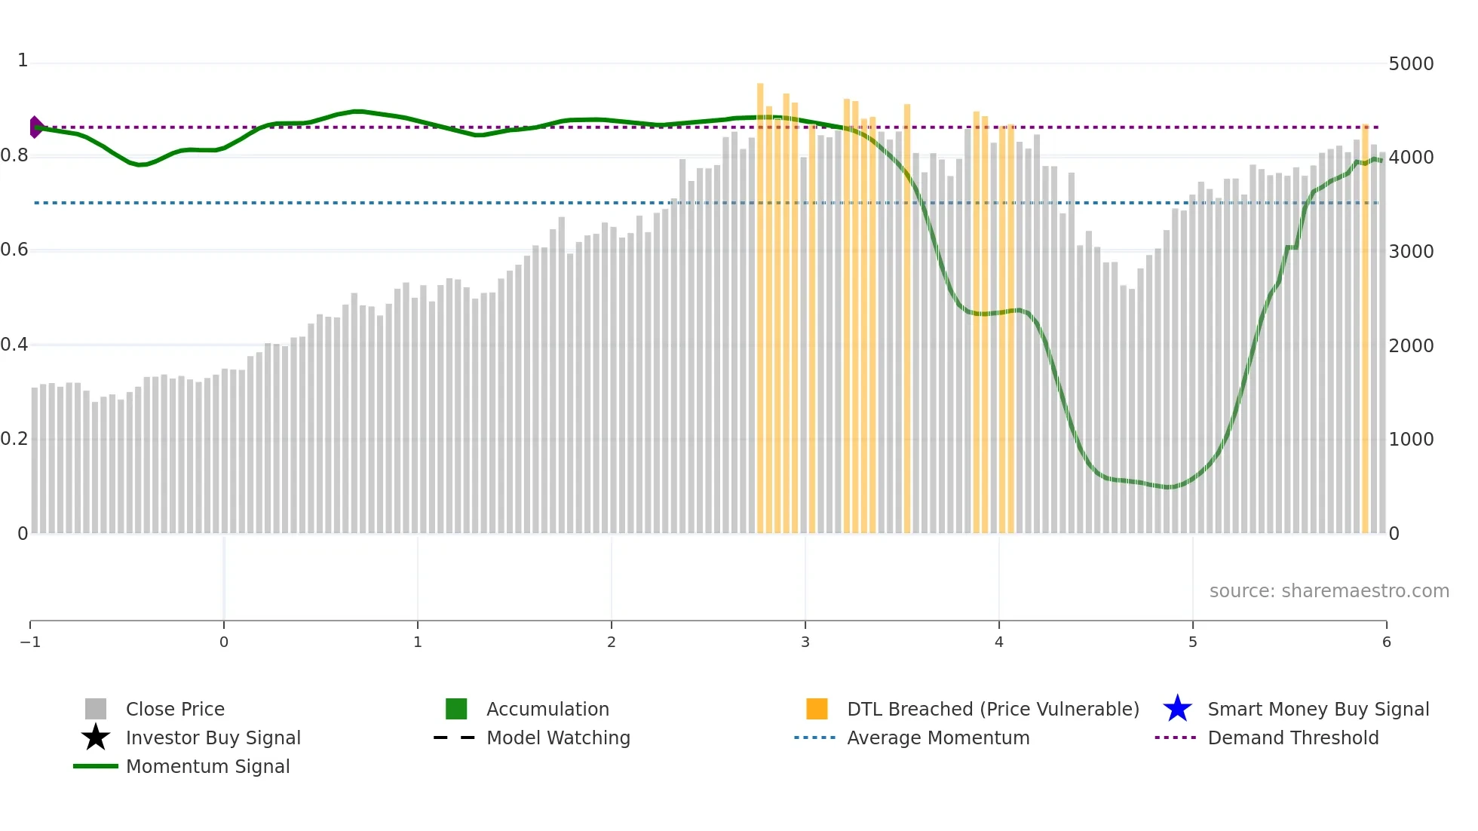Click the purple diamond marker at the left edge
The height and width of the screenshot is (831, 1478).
tap(35, 127)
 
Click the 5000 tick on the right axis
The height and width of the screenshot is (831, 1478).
tap(1410, 64)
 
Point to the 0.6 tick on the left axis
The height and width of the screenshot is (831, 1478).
tap(14, 250)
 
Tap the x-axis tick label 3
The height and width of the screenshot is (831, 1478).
tap(805, 642)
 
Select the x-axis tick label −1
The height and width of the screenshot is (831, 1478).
tap(30, 642)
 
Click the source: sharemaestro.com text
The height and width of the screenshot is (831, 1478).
tap(1329, 590)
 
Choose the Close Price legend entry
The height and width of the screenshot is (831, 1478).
tap(175, 709)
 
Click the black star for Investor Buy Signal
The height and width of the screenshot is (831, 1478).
tap(96, 737)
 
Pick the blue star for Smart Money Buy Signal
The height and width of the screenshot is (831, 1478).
tap(1177, 709)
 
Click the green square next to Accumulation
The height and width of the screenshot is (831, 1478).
tap(456, 709)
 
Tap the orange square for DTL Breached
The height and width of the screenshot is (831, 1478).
tap(817, 709)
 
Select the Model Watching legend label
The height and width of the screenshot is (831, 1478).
tap(558, 737)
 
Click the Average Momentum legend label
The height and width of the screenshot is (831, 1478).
tap(938, 737)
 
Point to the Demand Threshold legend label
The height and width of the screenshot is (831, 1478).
tap(1292, 737)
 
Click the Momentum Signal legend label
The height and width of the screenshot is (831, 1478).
tap(207, 766)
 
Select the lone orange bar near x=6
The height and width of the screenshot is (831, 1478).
tap(1365, 332)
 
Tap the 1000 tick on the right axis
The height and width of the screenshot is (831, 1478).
tap(1410, 440)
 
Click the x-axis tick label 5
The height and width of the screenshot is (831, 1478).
tap(1192, 642)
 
